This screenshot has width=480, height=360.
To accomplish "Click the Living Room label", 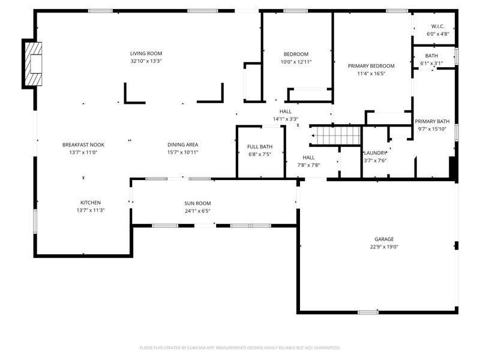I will pyautogui.click(x=146, y=53).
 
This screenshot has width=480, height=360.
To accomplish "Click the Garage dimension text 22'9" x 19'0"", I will pyautogui.click(x=384, y=247).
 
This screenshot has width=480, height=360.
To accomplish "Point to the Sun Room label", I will pyautogui.click(x=197, y=203).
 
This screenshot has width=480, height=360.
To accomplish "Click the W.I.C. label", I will pyautogui.click(x=436, y=26).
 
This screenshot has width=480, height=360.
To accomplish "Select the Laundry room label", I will pyautogui.click(x=376, y=153).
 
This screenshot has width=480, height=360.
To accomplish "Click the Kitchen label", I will pyautogui.click(x=91, y=202).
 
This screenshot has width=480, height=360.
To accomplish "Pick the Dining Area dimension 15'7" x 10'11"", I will pyautogui.click(x=182, y=152).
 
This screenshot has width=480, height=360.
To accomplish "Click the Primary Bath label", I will pyautogui.click(x=432, y=121).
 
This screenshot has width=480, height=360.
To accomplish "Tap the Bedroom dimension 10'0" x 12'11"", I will pyautogui.click(x=296, y=62).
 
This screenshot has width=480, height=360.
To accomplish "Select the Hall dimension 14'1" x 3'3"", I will pyautogui.click(x=286, y=119).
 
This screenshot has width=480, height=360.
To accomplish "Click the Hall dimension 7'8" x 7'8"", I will pyautogui.click(x=309, y=165).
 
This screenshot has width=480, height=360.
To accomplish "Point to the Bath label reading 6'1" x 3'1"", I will pyautogui.click(x=431, y=63).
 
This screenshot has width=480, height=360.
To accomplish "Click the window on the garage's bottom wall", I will pyautogui.click(x=367, y=312).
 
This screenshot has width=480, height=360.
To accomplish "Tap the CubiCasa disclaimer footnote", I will pyautogui.click(x=240, y=347).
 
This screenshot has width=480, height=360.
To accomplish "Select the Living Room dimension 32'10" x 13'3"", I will pyautogui.click(x=146, y=61).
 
